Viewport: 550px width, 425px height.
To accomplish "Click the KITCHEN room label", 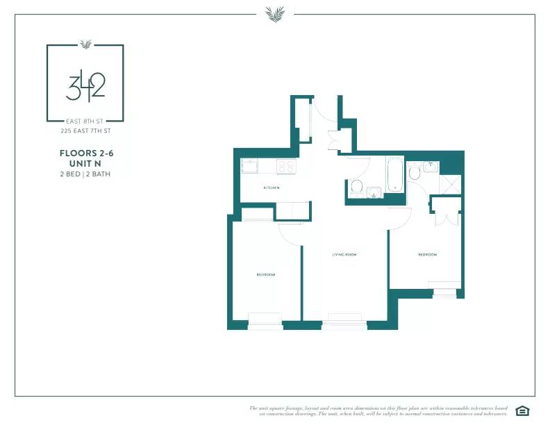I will [x=271, y=188].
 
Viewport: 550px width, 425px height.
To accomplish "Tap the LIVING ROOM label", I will [x=344, y=255].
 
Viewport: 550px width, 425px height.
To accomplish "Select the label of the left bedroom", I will [x=266, y=275].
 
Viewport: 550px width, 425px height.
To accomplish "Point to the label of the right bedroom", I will [x=427, y=255].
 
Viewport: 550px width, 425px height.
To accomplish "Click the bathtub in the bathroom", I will [x=394, y=174].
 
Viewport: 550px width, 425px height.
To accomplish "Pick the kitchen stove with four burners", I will [x=286, y=166].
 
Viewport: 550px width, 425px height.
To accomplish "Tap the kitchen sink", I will [x=249, y=167].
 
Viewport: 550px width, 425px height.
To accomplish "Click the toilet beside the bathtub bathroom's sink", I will [x=356, y=186].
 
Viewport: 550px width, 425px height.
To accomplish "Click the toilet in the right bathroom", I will [x=415, y=172].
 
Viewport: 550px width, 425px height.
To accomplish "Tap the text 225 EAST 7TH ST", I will [x=85, y=130].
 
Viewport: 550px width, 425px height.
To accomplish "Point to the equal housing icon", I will [x=522, y=410].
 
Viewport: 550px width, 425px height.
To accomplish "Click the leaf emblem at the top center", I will [x=274, y=13].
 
